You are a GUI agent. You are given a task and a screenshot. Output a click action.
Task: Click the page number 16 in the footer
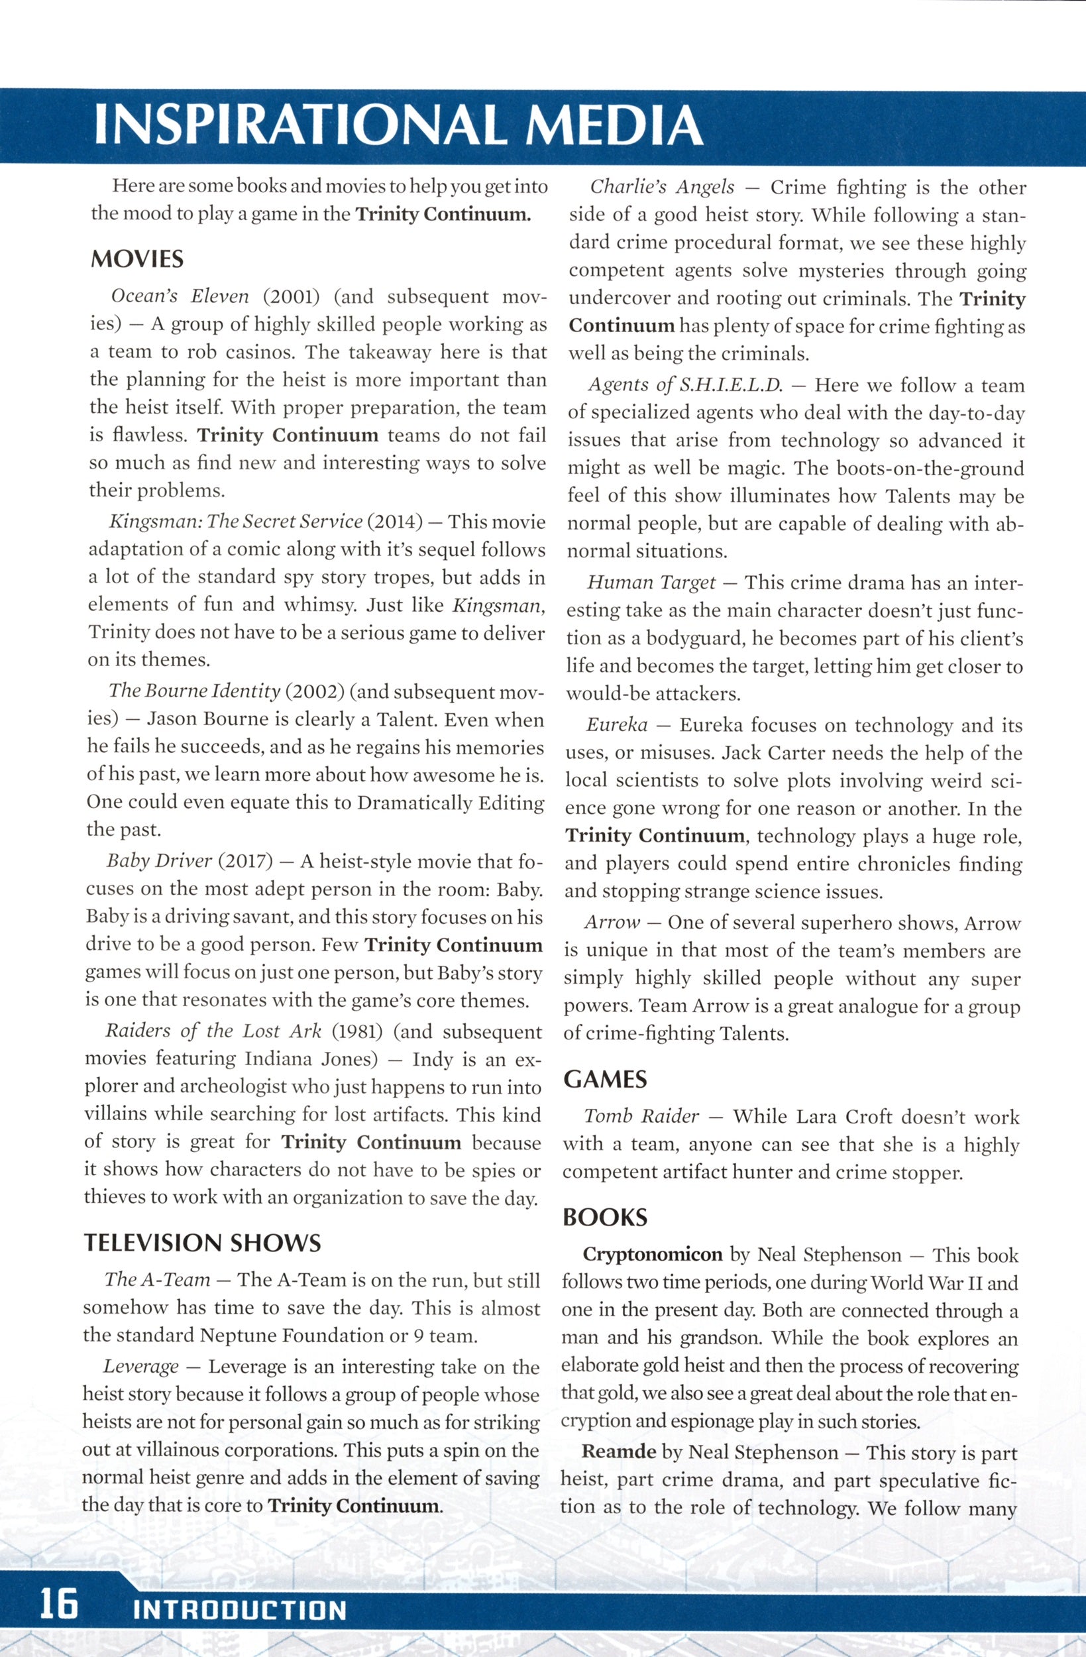click(x=58, y=1608)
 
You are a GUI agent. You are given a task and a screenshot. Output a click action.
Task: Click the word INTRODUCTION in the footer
click(x=239, y=1611)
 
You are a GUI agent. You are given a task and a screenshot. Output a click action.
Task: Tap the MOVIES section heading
click(x=137, y=260)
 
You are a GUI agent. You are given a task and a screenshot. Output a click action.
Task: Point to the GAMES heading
click(x=605, y=1079)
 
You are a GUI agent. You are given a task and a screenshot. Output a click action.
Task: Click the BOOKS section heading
click(x=605, y=1217)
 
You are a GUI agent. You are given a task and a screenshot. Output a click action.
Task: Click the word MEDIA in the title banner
click(x=615, y=126)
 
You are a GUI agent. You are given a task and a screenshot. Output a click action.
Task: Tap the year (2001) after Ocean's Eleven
click(x=291, y=296)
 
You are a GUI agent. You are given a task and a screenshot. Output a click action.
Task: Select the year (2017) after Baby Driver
click(x=245, y=861)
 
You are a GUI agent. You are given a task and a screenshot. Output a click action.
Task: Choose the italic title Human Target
click(x=651, y=582)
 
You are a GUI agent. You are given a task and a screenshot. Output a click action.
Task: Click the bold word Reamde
click(x=619, y=1452)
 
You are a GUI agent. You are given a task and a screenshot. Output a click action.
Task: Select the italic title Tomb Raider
click(x=641, y=1117)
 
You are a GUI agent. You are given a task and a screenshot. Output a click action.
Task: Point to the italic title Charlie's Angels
click(x=662, y=188)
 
